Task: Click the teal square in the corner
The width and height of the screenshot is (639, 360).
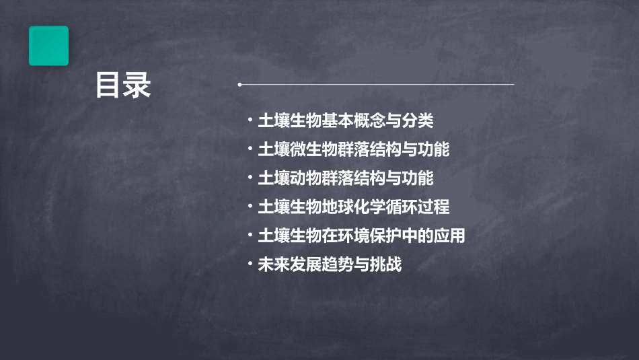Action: (48, 46)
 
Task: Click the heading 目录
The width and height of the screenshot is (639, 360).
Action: (123, 85)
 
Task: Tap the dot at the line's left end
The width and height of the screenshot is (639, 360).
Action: (239, 85)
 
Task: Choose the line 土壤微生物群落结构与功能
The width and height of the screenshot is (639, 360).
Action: (354, 149)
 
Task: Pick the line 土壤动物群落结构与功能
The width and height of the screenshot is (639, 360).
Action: (346, 178)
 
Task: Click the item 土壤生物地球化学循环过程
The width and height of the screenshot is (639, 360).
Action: (354, 207)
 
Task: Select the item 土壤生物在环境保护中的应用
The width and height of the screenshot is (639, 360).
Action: (362, 236)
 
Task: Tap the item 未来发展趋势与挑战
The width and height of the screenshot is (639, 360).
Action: (330, 264)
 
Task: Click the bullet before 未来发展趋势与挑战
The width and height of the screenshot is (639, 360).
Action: (250, 264)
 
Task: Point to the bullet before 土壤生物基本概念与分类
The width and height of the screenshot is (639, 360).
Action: (250, 121)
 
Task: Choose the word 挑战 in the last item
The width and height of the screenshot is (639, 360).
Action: (385, 264)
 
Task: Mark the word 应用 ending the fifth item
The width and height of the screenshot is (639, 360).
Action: (450, 236)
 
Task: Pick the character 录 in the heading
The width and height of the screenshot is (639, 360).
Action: (137, 85)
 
